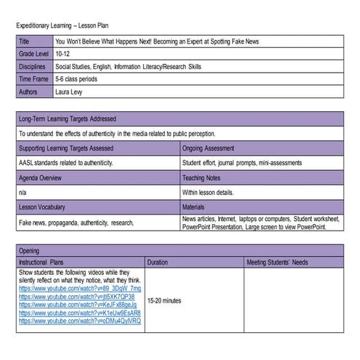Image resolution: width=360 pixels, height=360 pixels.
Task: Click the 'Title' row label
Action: pos(25,41)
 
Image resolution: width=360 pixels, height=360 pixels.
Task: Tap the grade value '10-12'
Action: pos(64,54)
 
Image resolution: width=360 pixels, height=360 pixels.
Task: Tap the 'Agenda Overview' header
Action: pos(41,177)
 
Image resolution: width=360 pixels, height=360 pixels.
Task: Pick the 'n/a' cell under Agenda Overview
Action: pos(23,193)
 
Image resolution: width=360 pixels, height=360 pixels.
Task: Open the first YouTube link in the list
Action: pos(80,289)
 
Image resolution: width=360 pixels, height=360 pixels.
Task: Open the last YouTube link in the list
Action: pos(80,321)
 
